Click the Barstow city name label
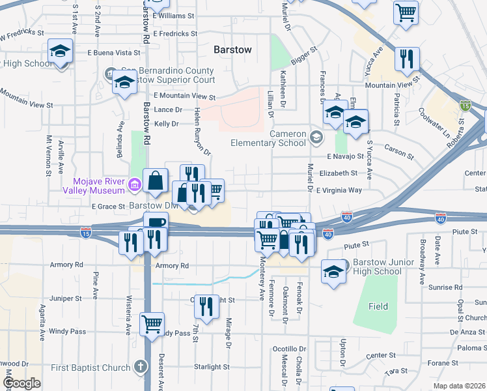[232, 50]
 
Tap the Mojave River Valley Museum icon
[134, 186]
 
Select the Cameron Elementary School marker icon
[316, 137]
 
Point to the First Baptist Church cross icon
[139, 368]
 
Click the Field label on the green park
[378, 306]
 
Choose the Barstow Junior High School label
[377, 267]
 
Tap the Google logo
[22, 383]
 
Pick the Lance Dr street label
[169, 109]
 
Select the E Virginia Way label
[348, 190]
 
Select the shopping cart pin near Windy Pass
[152, 323]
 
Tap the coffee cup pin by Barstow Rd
[155, 223]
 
